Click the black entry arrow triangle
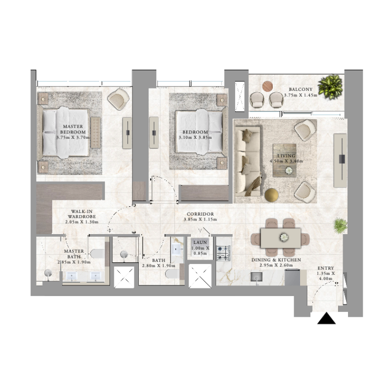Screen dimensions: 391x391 [x=326, y=319]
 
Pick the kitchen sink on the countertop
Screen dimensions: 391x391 [x=256, y=277]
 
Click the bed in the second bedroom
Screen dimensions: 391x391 [x=198, y=132]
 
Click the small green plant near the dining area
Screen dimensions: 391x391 [x=340, y=225]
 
